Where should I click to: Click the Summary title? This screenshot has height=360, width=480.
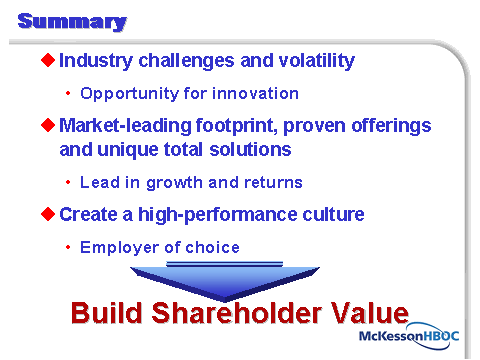point(72,22)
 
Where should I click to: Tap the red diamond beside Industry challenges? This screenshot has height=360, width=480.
point(48,60)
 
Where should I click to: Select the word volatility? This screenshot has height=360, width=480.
point(317,61)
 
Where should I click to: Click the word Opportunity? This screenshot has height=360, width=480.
point(130,94)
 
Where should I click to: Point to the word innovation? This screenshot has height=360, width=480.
point(255,93)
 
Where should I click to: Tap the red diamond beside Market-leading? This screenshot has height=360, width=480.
point(48,125)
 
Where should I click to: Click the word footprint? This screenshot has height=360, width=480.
point(237,126)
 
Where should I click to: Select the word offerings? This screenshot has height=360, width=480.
point(391,126)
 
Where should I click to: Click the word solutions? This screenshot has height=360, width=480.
point(250,149)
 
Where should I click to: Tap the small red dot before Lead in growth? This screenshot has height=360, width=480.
point(68,182)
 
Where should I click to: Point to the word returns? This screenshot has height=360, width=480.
point(273,183)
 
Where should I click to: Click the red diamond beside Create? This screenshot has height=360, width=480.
point(48,214)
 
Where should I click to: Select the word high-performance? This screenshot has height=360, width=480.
point(217,215)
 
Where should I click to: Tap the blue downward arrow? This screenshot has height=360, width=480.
point(225,281)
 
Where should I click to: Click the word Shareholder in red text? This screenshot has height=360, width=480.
point(236,313)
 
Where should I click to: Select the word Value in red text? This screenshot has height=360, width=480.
point(369,313)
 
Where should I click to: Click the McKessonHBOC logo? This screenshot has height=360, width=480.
point(409,336)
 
